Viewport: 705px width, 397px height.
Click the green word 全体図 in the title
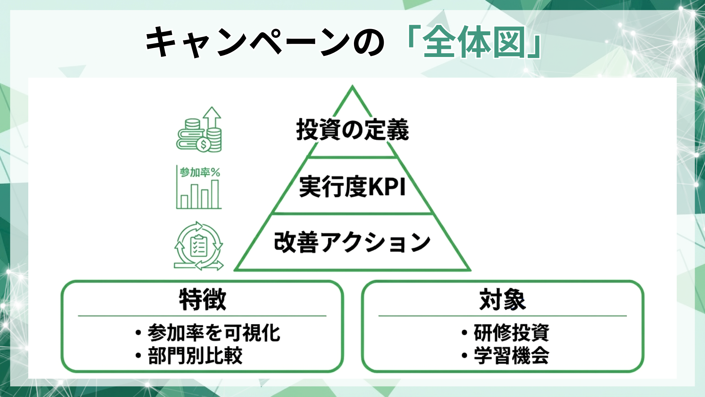pyautogui.click(x=474, y=42)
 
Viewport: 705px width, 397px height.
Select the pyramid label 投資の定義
pyautogui.click(x=352, y=130)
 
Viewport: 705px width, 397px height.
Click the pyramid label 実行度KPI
pyautogui.click(x=352, y=187)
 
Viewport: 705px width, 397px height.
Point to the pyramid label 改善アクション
pyautogui.click(x=352, y=243)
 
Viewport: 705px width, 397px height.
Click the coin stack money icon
pyautogui.click(x=199, y=130)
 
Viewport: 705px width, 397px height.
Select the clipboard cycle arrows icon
pyautogui.click(x=199, y=246)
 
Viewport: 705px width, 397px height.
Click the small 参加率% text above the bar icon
pyautogui.click(x=200, y=172)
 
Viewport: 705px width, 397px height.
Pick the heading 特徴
pyautogui.click(x=202, y=300)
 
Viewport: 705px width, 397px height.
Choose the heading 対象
pyautogui.click(x=502, y=300)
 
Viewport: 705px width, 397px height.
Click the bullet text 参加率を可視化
pyautogui.click(x=214, y=333)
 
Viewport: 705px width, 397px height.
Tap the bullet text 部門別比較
pyautogui.click(x=195, y=356)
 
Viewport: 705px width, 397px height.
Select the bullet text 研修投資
pyautogui.click(x=511, y=333)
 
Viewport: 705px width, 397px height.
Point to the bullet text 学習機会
pyautogui.click(x=511, y=356)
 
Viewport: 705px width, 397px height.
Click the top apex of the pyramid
pyautogui.click(x=352, y=87)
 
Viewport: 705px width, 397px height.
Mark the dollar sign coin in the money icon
pyautogui.click(x=203, y=144)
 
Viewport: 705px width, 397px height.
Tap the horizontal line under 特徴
pyautogui.click(x=202, y=316)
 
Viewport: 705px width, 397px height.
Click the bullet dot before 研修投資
pyautogui.click(x=464, y=333)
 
